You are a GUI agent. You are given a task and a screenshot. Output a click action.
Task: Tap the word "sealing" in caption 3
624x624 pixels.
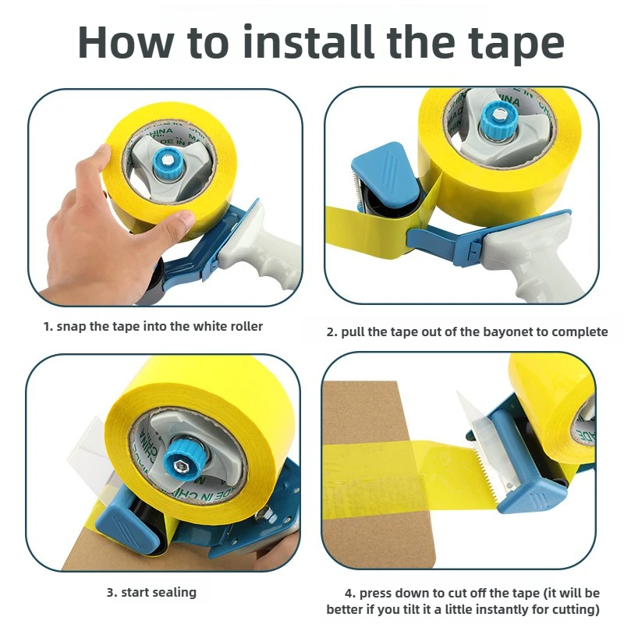point(173,592)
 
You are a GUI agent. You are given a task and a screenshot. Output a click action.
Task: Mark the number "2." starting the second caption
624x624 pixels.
point(331,331)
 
